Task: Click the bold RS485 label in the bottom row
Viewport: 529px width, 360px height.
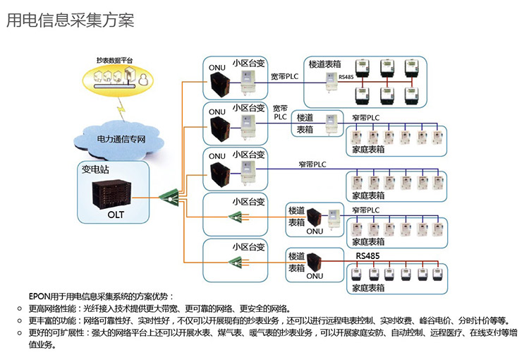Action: point(369,256)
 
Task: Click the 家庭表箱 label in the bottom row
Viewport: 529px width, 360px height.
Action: point(369,287)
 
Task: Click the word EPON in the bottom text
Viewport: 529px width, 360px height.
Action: point(38,297)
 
